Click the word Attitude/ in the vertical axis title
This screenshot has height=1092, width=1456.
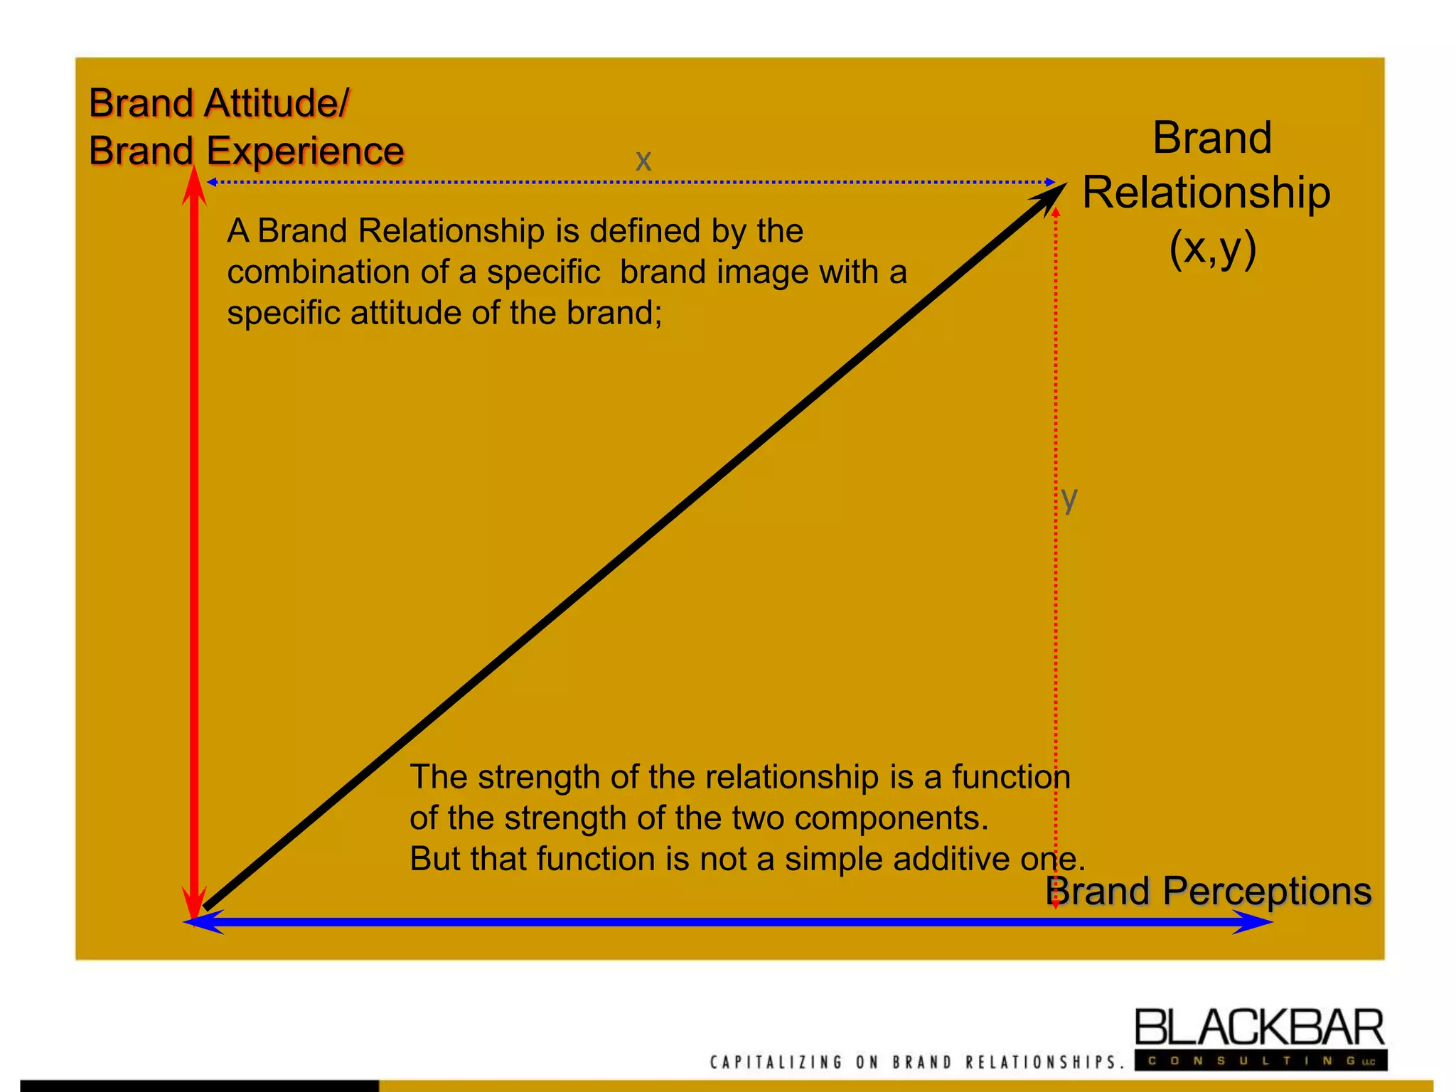pos(277,104)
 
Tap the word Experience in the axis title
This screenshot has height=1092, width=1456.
pos(305,151)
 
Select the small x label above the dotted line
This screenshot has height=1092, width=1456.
pos(643,161)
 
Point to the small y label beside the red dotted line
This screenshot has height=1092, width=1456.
pos(1069,499)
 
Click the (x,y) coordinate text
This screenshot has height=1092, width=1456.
pos(1213,248)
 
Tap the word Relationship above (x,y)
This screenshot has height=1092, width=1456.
pos(1206,193)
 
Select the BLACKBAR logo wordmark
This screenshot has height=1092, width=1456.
pos(1259,1028)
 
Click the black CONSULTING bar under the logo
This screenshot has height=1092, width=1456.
pos(1260,1061)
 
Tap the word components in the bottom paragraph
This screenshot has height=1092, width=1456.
pos(892,818)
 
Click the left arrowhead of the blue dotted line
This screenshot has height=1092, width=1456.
pos(211,183)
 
